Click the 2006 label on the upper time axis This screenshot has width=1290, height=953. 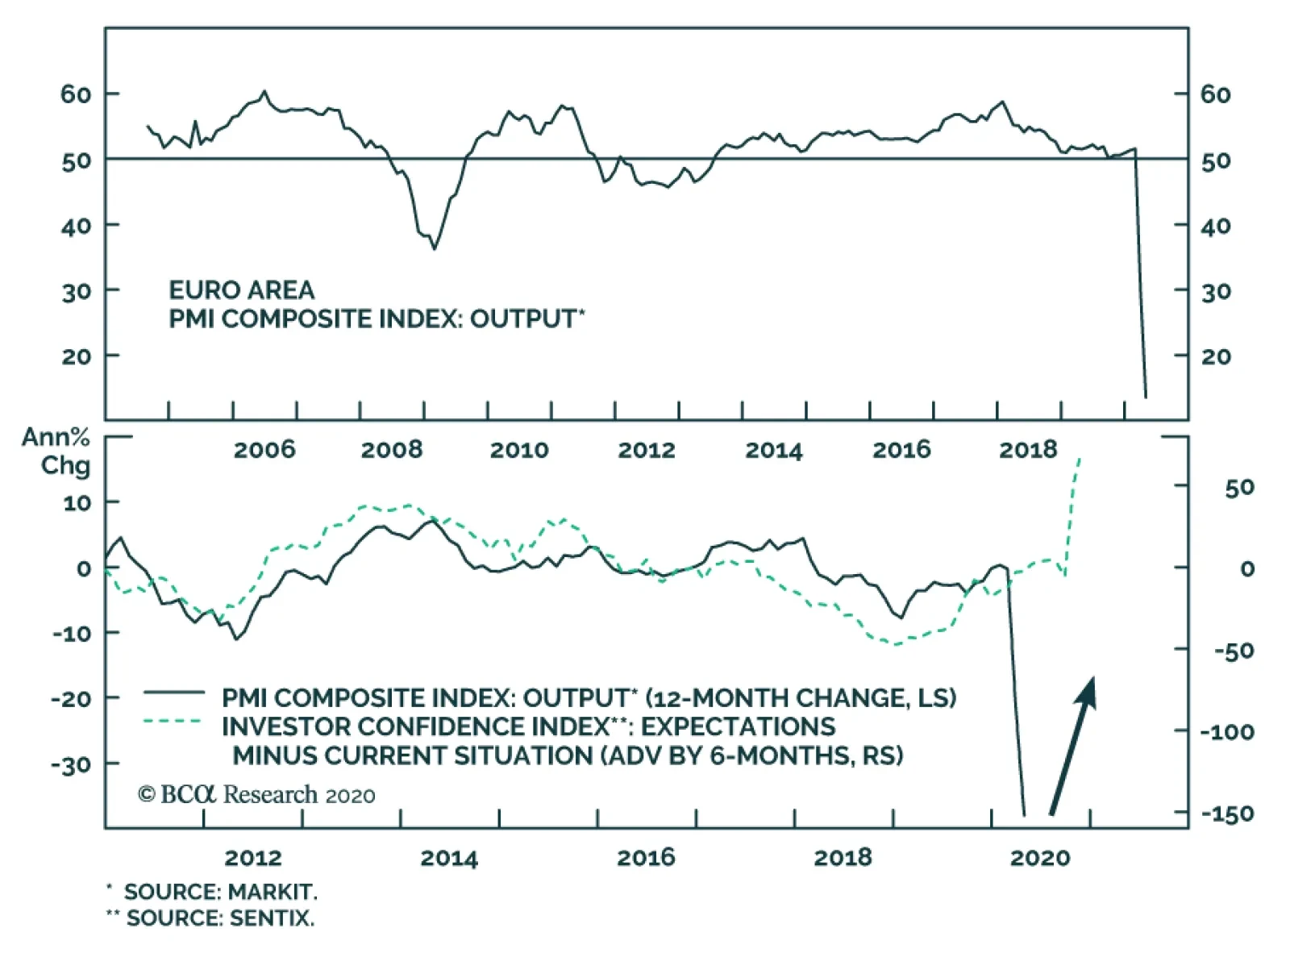(x=264, y=449)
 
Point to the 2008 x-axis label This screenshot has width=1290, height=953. (x=392, y=449)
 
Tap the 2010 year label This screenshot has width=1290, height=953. (x=519, y=449)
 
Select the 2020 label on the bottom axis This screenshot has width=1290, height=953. (x=1040, y=857)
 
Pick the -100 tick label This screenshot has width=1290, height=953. (x=1227, y=731)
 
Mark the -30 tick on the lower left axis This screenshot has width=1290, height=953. (x=71, y=764)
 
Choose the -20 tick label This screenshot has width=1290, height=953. (x=71, y=698)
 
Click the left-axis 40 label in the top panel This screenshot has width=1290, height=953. (x=76, y=226)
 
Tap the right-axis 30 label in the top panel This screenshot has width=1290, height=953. (x=1216, y=291)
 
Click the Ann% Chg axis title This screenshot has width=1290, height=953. (x=56, y=451)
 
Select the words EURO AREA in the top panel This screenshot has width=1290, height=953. (x=241, y=289)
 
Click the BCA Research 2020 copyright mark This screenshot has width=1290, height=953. (x=256, y=794)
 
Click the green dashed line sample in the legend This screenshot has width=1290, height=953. (x=173, y=721)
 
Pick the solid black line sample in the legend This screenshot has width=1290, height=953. (x=174, y=692)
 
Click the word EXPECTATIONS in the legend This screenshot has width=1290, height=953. (x=738, y=726)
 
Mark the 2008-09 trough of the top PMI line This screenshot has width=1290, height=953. (x=435, y=249)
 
